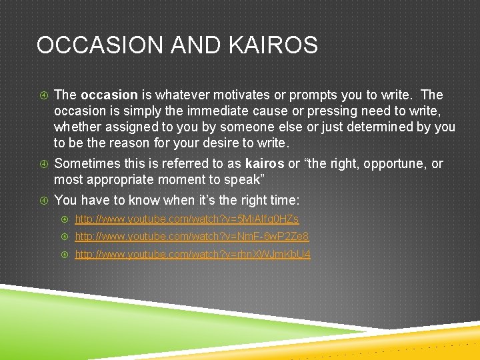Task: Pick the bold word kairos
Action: click(x=265, y=163)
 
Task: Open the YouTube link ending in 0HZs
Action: click(x=187, y=219)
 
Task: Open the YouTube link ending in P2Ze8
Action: click(x=192, y=237)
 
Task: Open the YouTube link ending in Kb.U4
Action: click(x=193, y=255)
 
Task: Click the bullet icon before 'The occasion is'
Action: click(x=42, y=95)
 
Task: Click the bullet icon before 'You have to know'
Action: click(x=42, y=200)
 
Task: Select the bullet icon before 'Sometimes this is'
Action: click(x=42, y=164)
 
